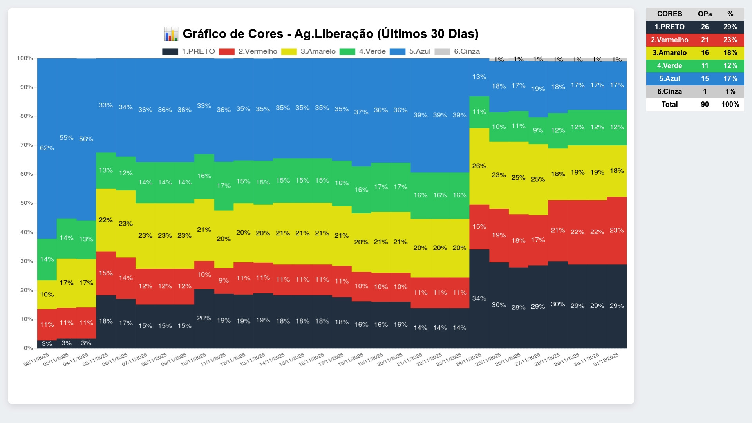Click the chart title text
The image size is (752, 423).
(331, 34)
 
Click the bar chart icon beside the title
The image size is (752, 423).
(171, 34)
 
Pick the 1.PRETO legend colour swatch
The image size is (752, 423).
(170, 51)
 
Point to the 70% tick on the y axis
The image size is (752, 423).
(27, 145)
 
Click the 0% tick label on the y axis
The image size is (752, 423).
(28, 348)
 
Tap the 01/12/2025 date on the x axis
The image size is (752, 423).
(606, 360)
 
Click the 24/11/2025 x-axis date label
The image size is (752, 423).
(469, 360)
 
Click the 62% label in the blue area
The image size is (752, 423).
(47, 148)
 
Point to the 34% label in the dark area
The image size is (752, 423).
(479, 298)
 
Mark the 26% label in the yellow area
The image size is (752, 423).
(479, 166)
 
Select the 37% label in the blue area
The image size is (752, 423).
(361, 112)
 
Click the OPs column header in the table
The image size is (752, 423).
(705, 14)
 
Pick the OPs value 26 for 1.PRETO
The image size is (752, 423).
(705, 27)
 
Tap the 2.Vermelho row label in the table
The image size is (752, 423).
(669, 40)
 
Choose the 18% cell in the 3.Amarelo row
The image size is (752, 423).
(730, 52)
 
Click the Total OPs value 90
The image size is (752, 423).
(705, 104)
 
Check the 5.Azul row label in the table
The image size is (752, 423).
(669, 78)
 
